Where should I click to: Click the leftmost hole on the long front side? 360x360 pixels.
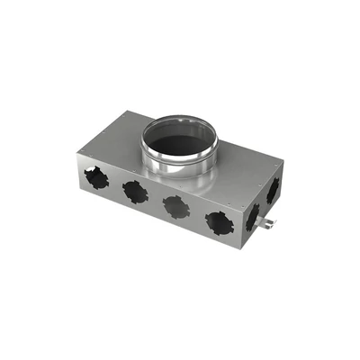tap(96, 177)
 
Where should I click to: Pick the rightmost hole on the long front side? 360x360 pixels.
tap(219, 222)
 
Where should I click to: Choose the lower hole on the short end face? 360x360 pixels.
tap(254, 217)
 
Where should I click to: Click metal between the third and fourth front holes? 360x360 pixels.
tap(196, 216)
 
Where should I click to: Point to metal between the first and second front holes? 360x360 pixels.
tap(115, 185)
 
